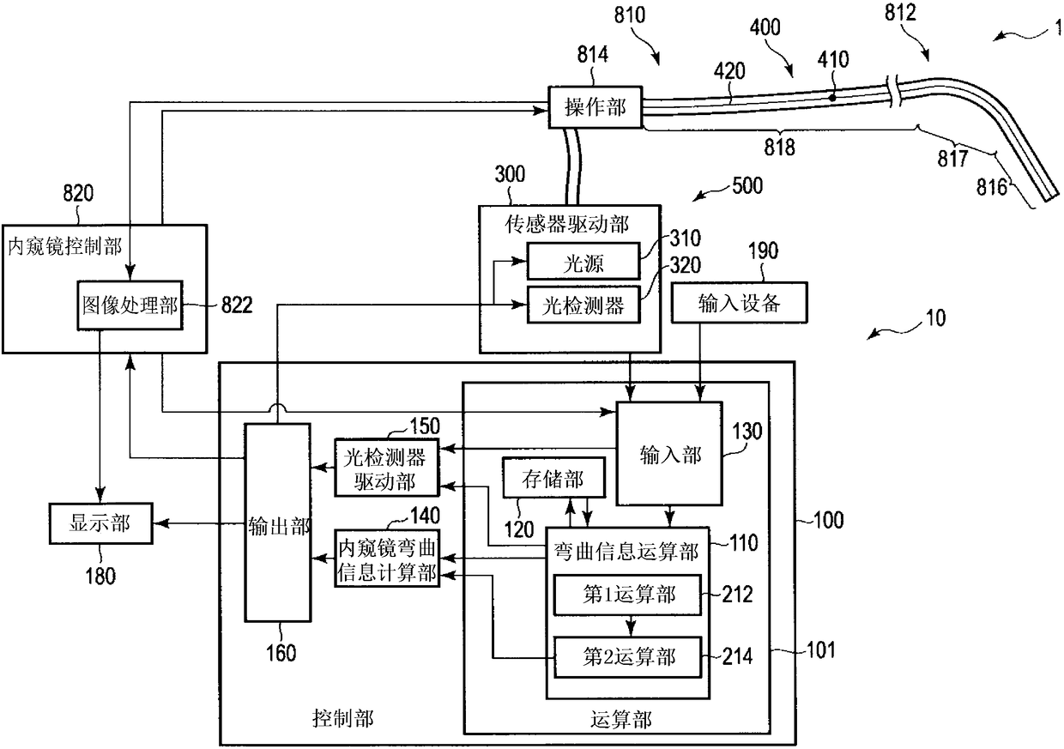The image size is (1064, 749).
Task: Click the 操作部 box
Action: [595, 107]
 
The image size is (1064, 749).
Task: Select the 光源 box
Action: [583, 261]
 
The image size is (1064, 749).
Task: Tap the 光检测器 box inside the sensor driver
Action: [583, 305]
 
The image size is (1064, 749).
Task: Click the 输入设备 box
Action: [739, 303]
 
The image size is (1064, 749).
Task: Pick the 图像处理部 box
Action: [130, 305]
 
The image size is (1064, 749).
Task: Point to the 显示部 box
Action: [100, 523]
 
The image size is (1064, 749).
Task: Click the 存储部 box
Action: [553, 478]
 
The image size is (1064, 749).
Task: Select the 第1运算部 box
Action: [627, 595]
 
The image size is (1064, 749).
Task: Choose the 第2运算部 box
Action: [627, 657]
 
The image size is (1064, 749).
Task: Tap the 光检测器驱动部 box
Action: [387, 468]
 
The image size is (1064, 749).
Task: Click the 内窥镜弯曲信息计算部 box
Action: [387, 559]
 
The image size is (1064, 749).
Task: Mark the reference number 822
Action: [237, 305]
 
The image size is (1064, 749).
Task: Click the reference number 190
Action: [764, 251]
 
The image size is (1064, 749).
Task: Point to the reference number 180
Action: [100, 576]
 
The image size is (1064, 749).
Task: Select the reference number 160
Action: [281, 653]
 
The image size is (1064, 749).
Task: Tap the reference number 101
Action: [821, 649]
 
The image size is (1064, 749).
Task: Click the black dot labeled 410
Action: [831, 98]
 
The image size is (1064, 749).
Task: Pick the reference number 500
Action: [747, 185]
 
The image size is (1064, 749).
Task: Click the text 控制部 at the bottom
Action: [343, 718]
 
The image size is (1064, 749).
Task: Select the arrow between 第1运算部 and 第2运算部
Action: [631, 626]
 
